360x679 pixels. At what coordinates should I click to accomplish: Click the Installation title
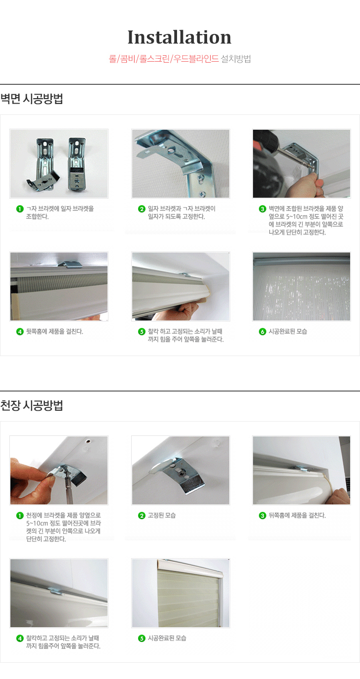(x=180, y=37)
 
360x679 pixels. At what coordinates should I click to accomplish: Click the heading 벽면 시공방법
(x=32, y=99)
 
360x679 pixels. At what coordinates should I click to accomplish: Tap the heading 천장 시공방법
(x=32, y=405)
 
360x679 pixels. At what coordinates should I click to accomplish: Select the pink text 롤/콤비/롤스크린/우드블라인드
(x=164, y=59)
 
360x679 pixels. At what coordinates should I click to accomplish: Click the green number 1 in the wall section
(x=20, y=209)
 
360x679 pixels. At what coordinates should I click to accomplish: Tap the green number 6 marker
(x=262, y=332)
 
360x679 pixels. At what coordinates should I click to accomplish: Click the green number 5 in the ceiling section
(x=142, y=639)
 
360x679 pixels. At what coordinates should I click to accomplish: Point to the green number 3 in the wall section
(x=262, y=209)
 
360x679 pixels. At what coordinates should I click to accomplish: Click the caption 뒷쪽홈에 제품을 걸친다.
(x=55, y=331)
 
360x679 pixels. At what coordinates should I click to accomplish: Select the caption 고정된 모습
(x=162, y=515)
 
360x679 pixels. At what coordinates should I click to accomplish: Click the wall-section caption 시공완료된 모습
(x=288, y=331)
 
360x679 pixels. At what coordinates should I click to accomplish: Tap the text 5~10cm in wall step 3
(x=297, y=216)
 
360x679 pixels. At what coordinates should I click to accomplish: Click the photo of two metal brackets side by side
(x=59, y=164)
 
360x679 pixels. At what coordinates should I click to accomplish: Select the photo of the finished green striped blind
(x=180, y=593)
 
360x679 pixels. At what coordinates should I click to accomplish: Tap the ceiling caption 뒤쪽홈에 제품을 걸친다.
(x=297, y=515)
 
